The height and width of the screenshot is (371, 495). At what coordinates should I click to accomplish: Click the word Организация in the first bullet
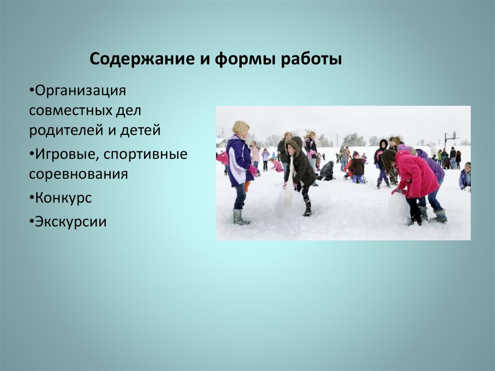click(81, 90)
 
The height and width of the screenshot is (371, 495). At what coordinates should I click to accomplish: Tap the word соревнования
click(78, 174)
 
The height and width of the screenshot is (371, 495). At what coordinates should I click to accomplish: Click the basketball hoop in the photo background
click(449, 137)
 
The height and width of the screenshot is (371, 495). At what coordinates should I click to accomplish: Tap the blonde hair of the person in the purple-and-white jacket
click(240, 127)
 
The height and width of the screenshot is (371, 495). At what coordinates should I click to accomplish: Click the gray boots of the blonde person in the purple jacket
click(240, 217)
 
